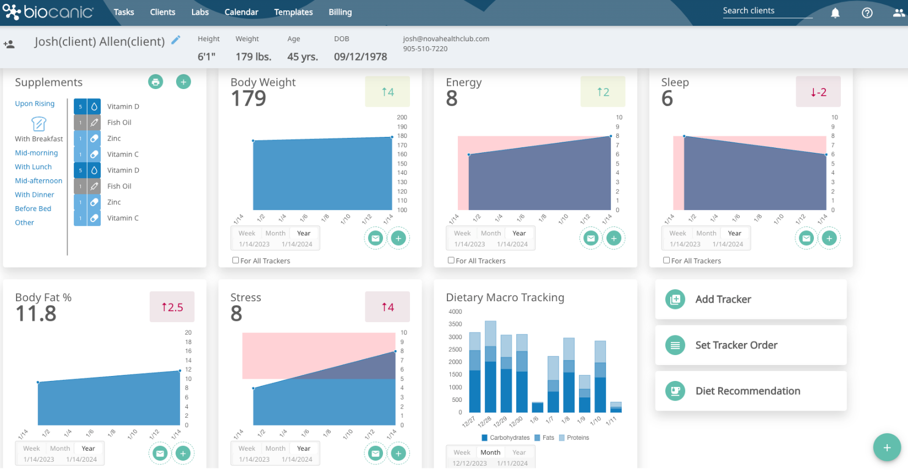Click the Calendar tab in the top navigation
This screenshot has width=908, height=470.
pos(241,12)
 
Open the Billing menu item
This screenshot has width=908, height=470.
pos(340,12)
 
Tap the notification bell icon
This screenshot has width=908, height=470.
pos(835,13)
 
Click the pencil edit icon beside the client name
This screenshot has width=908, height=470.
pos(176,40)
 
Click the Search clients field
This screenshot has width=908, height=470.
pos(767,11)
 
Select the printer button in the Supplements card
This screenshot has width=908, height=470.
pos(156,82)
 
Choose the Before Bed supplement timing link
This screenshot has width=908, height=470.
pos(33,208)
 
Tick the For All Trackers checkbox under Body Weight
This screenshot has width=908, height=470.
pos(236,261)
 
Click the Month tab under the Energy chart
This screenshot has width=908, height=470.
pos(490,233)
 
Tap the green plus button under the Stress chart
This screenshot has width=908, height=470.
pos(398,454)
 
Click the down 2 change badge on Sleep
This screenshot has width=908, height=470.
pos(818,92)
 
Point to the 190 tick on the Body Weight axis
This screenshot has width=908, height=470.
pos(402,127)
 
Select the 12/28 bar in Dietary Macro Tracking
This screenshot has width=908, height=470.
pos(490,366)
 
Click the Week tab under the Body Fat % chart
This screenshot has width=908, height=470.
pos(31,448)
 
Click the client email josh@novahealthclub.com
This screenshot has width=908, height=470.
pos(446,39)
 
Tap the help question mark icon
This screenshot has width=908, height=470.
pos(867,13)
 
